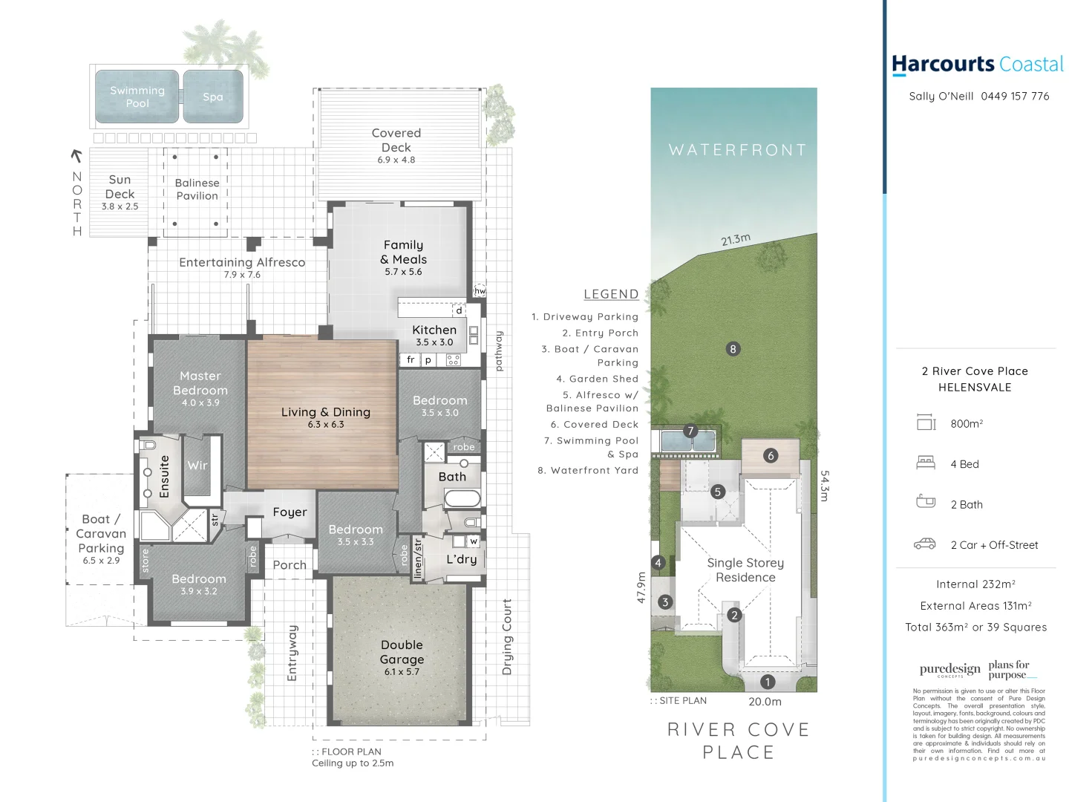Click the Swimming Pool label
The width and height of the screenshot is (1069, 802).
[x=137, y=97]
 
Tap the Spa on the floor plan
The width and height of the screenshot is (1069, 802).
[x=213, y=97]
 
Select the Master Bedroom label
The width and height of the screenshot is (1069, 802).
[x=200, y=383]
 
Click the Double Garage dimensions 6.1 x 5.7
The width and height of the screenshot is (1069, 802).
[x=402, y=672]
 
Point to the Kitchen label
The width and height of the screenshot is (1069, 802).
[x=434, y=330]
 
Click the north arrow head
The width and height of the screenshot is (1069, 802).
[x=75, y=154]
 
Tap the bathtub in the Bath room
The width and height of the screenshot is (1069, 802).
[x=462, y=498]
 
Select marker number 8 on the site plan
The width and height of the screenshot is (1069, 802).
[x=733, y=349]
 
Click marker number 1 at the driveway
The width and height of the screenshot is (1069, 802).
[x=768, y=682]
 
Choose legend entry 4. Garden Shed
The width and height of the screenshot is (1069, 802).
[x=597, y=379]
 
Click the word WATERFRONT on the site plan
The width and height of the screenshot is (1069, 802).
[x=737, y=150]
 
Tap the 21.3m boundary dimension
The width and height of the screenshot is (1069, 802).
[x=736, y=240]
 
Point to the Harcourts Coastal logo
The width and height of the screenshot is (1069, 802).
[x=977, y=65]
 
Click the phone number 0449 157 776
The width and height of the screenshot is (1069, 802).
[x=1015, y=97]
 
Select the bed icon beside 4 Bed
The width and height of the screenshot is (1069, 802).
[x=926, y=463]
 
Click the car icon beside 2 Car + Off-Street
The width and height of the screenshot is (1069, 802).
[x=924, y=544]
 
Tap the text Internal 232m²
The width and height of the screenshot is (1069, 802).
[x=975, y=584]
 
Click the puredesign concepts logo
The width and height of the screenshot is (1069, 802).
[x=949, y=670]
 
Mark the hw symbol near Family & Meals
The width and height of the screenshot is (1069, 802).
[x=480, y=291]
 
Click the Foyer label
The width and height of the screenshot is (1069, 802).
[x=290, y=512]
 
